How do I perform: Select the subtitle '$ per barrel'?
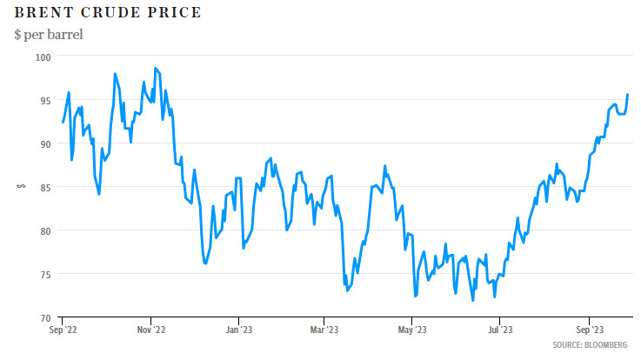coord(48,35)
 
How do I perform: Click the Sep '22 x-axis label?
coord(63,330)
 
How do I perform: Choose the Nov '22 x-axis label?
coord(151,330)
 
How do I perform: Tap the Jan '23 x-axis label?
coord(239,330)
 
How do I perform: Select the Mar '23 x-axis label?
coord(324,330)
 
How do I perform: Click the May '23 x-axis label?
coord(411,330)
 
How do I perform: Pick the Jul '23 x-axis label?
coord(499,330)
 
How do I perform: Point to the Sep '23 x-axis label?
coord(589,330)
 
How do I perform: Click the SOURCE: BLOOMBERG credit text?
coord(590,345)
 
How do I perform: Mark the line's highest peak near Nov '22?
coord(155,68)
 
